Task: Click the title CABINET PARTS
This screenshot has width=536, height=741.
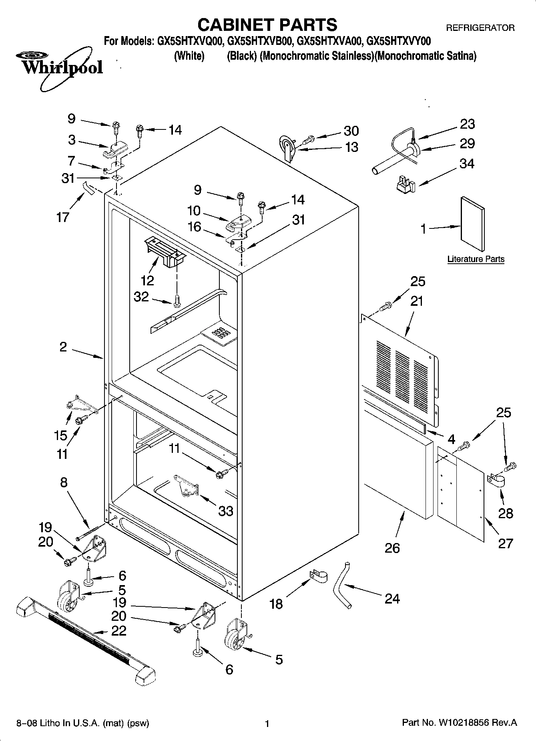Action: tap(267, 25)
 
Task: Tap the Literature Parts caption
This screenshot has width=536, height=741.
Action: tap(476, 259)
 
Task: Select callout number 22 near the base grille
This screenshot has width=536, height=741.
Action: tap(118, 631)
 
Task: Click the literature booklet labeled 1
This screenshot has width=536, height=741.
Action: tap(472, 225)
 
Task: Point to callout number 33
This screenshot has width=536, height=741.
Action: tap(225, 511)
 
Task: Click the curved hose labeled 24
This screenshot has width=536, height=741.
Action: tap(342, 585)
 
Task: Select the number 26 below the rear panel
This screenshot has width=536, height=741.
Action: tap(392, 548)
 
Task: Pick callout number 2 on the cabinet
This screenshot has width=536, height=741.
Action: tap(63, 347)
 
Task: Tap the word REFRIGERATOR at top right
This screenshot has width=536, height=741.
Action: tap(480, 28)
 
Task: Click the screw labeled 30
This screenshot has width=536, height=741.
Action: tap(309, 140)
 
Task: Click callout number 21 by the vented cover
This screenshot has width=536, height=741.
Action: tap(417, 301)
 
